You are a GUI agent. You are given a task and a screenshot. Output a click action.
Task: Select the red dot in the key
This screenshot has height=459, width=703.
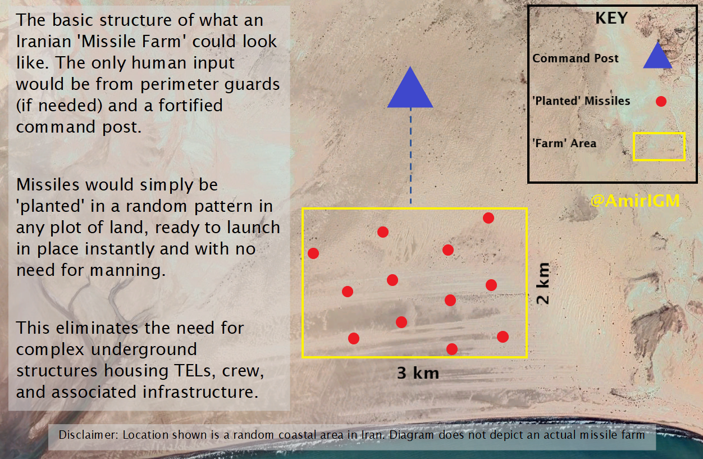coord(661,101)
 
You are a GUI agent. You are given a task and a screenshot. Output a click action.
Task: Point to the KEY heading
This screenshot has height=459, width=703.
coord(611,18)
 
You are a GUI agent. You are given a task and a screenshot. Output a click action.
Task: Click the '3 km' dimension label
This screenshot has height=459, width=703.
coord(418,373)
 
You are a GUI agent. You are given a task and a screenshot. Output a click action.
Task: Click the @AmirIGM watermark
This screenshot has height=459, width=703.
coord(635,201)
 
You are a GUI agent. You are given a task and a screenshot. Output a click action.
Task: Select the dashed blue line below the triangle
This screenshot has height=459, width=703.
coord(410,156)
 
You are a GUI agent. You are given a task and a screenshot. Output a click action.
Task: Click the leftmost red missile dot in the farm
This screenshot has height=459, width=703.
coord(313,253)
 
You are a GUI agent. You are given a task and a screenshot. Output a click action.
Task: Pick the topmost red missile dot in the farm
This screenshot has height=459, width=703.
coord(489,218)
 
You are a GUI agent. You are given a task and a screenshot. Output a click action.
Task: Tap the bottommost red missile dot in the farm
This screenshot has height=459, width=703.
coord(452,349)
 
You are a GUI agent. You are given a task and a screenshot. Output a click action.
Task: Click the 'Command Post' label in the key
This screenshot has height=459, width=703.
coord(576,58)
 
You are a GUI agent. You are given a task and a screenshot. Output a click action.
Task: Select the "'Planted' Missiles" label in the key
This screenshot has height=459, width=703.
coord(581,101)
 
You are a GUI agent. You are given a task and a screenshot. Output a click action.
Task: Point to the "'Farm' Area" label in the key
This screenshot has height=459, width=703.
coord(564,143)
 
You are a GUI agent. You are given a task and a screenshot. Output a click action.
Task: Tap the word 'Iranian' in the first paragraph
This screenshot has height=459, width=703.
coord(44,42)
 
